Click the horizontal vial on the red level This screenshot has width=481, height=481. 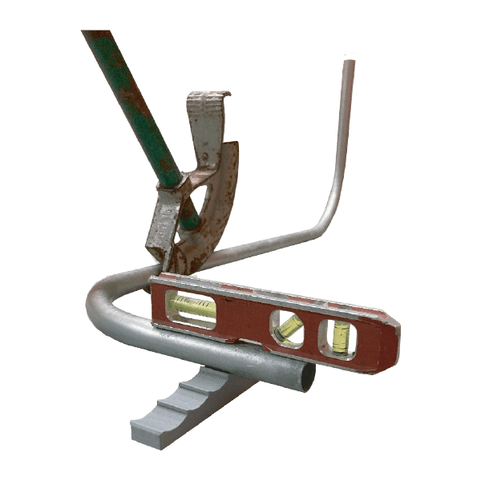pos(192,306)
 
